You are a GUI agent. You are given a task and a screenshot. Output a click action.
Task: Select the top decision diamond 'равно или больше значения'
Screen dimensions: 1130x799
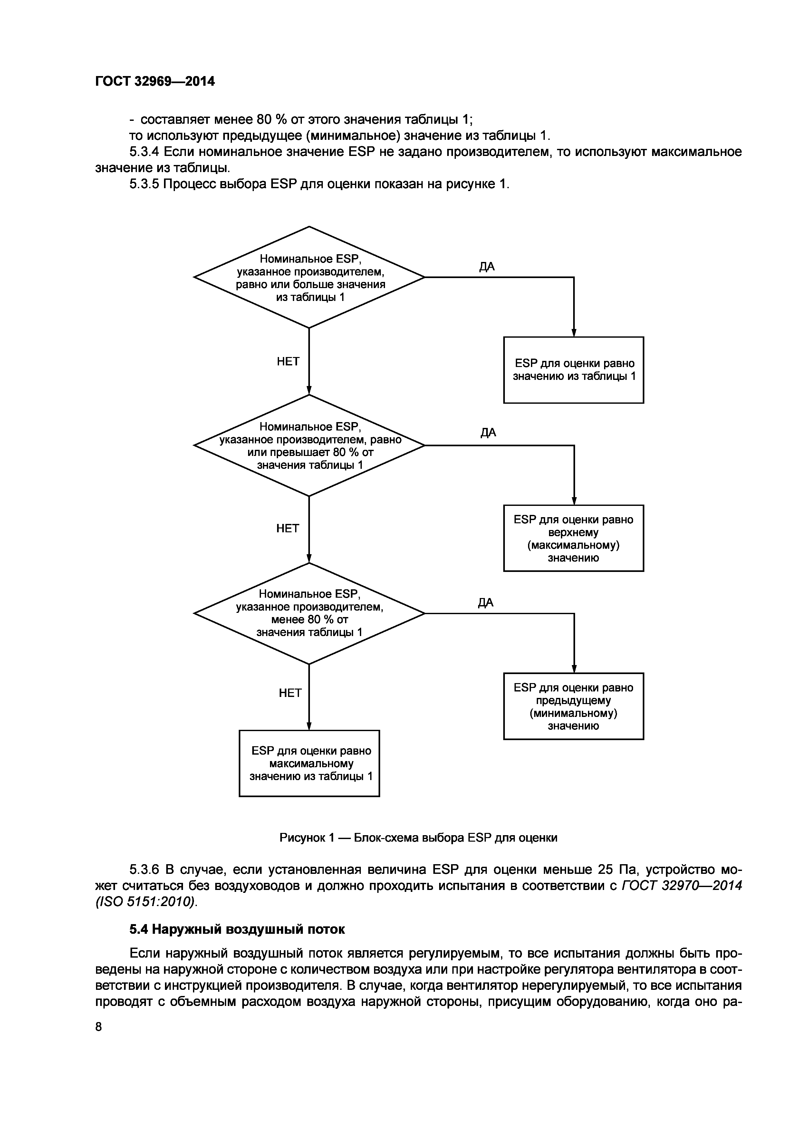[x=309, y=277]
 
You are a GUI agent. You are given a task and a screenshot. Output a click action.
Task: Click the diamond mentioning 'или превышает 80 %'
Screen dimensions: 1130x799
[x=309, y=445]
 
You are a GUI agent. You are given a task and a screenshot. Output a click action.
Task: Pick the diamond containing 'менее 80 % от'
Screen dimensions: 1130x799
[x=309, y=613]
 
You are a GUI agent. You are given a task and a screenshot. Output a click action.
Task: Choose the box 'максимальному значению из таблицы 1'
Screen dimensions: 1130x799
[x=309, y=763]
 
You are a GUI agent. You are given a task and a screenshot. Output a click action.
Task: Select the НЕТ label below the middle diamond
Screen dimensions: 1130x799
[x=287, y=528]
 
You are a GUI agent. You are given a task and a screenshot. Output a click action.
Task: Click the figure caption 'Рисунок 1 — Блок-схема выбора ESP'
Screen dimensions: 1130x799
[x=418, y=837]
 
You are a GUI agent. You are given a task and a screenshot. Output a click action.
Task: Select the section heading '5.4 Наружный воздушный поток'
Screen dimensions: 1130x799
[x=237, y=929]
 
